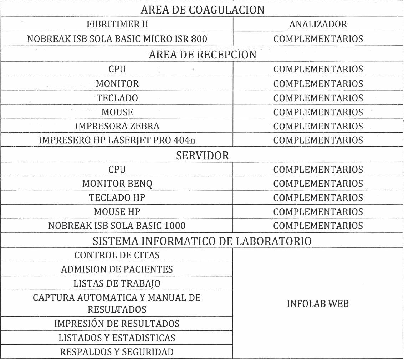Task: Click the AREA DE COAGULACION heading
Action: click(203, 10)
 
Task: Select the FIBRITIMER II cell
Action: click(117, 25)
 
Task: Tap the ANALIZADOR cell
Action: click(318, 25)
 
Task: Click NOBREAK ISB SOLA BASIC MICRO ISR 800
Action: click(117, 39)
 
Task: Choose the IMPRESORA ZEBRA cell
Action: click(117, 126)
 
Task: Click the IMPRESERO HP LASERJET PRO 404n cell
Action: click(117, 140)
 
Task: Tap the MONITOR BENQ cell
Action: click(117, 184)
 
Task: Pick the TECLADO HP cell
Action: click(117, 197)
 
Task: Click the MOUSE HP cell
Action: click(117, 212)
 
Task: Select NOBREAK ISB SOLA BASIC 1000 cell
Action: click(117, 226)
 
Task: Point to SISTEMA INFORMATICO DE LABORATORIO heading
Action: click(203, 241)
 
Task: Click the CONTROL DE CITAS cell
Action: click(117, 255)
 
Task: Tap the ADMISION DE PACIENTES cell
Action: click(117, 269)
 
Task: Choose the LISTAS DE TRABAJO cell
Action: click(117, 283)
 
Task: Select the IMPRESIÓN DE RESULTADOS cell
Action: click(117, 324)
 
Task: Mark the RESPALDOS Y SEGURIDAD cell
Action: click(117, 352)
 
